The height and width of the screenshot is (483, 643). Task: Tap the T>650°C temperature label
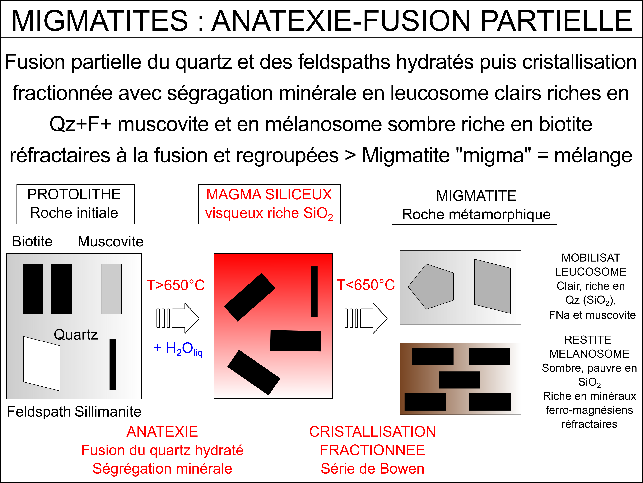pos(176,285)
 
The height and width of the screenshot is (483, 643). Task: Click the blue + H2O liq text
pos(178,349)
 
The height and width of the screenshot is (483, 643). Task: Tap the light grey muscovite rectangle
pos(111,289)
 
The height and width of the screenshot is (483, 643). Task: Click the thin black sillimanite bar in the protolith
pos(113,364)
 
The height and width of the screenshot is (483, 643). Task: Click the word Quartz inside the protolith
pos(76,334)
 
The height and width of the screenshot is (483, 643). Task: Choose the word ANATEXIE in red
pos(162,431)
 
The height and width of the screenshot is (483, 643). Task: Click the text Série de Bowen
pos(372,469)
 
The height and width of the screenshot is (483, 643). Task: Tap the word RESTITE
pos(588,340)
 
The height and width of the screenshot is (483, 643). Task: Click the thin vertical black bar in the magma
pos(314,291)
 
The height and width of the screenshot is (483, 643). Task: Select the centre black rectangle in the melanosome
pos(459,380)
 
